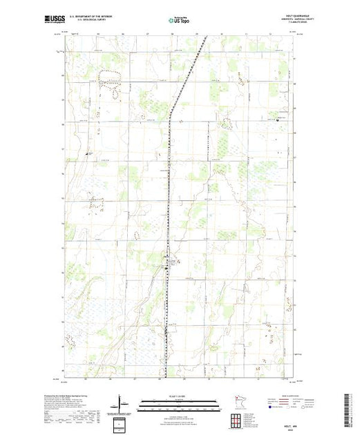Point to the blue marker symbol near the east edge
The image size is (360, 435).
tap(277, 121)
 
